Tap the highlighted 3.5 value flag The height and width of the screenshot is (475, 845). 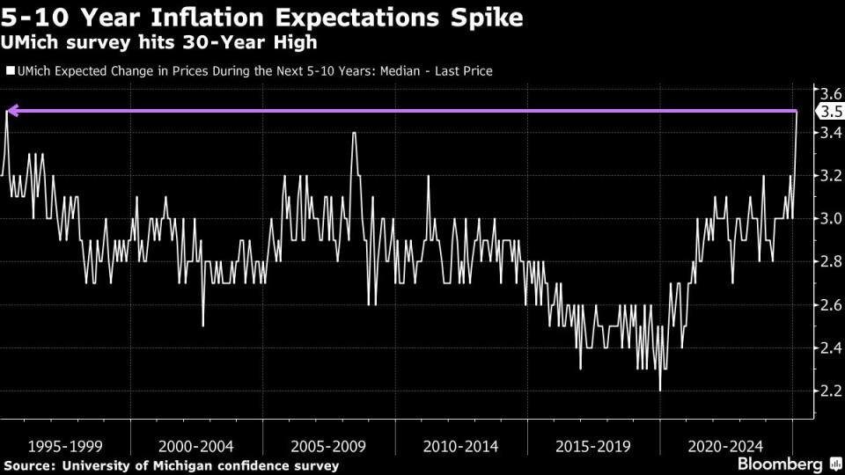tap(831, 112)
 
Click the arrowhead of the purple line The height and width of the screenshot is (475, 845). tap(11, 112)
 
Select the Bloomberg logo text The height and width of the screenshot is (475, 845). tap(779, 463)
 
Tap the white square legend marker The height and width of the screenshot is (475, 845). tap(9, 71)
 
